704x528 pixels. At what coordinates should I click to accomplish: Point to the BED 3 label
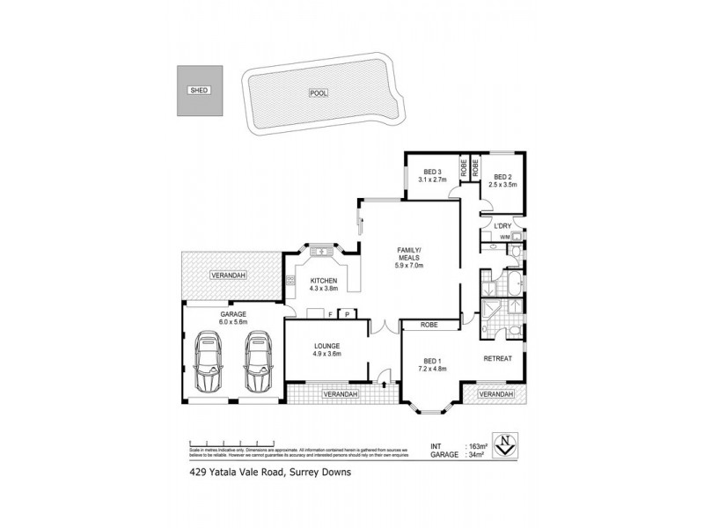click(431, 172)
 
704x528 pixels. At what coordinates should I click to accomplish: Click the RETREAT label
click(498, 357)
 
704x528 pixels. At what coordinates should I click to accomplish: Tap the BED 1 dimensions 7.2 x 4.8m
click(432, 369)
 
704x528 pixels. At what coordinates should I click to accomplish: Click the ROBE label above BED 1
click(430, 325)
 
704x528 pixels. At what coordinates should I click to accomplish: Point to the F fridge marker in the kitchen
click(329, 313)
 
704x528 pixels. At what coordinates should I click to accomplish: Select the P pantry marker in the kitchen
click(348, 313)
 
